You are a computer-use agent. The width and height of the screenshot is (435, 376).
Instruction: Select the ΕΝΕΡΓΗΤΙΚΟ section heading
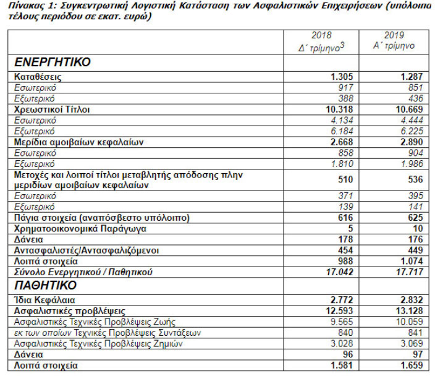tap(53, 62)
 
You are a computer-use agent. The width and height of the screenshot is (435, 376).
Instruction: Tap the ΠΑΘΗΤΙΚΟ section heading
tap(46, 286)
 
